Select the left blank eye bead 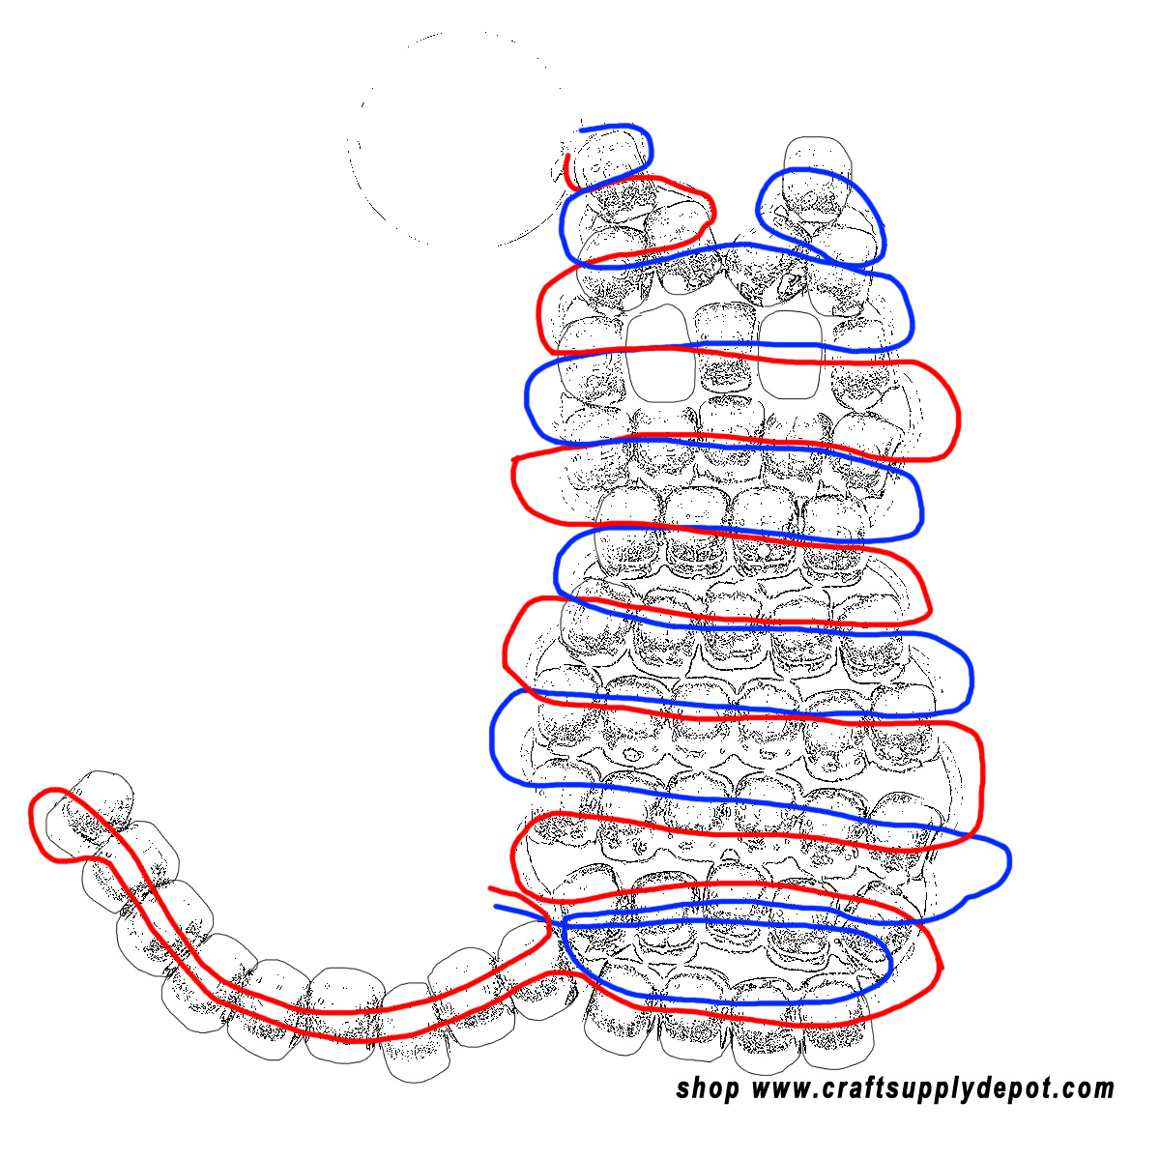tap(660, 353)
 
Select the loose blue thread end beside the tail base tap(521, 912)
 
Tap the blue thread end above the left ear tap(602, 128)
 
